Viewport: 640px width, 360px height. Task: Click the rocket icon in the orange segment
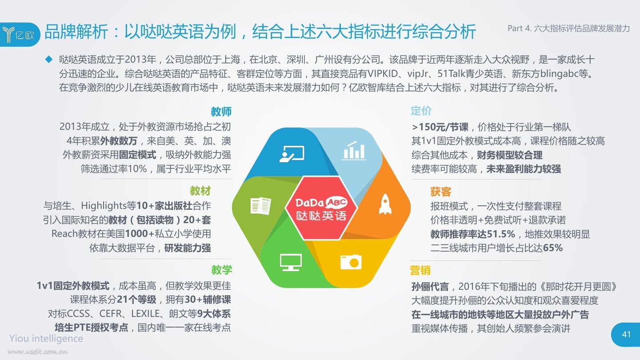pyautogui.click(x=385, y=204)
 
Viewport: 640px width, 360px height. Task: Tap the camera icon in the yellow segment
pyautogui.click(x=351, y=262)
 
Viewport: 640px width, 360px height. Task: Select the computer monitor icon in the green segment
pyautogui.click(x=291, y=262)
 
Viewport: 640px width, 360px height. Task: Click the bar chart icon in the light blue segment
pyautogui.click(x=354, y=150)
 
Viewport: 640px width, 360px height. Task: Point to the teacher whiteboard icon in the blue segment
pyautogui.click(x=292, y=154)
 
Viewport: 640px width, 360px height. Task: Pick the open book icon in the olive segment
pyautogui.click(x=260, y=206)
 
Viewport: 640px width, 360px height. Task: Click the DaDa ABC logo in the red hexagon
pyautogui.click(x=321, y=209)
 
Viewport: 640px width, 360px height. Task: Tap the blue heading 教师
pyautogui.click(x=221, y=112)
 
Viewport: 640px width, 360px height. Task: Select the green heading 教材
pyautogui.click(x=200, y=191)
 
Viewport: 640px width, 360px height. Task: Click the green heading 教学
pyautogui.click(x=221, y=269)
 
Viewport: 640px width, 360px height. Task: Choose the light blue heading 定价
pyautogui.click(x=421, y=111)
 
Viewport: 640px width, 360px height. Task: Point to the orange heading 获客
pyautogui.click(x=440, y=192)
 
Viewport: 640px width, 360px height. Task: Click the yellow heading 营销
pyautogui.click(x=420, y=270)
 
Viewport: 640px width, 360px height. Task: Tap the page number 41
pyautogui.click(x=626, y=334)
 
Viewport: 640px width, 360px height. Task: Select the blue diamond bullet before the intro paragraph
pyautogui.click(x=49, y=60)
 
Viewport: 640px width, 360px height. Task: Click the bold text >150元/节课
pyautogui.click(x=440, y=127)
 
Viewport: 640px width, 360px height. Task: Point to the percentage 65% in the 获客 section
pyautogui.click(x=552, y=248)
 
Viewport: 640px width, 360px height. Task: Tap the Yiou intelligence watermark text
pyautogui.click(x=46, y=338)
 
